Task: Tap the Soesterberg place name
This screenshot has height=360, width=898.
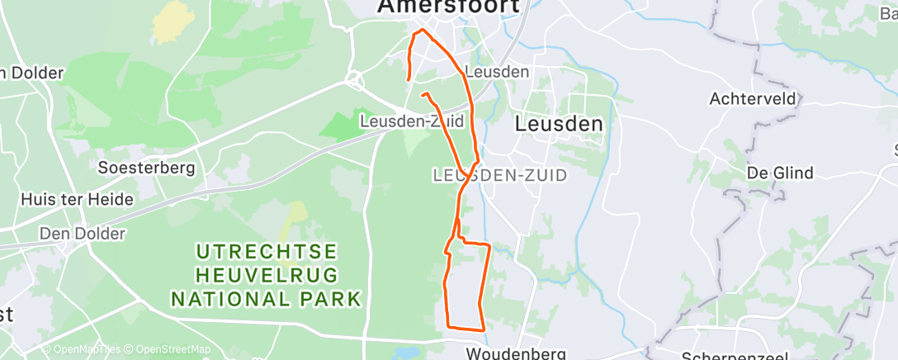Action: pos(146,168)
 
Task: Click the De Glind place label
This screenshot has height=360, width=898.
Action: pos(779,173)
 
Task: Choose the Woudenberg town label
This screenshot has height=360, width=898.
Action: pos(507,353)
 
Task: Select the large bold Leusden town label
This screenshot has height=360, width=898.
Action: pos(559,124)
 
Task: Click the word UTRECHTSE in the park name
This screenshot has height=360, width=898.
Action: pos(266,250)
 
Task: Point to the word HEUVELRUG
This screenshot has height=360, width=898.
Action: pos(266,274)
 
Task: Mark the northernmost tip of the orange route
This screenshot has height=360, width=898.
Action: pos(423,31)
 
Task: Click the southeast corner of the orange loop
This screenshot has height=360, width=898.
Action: pos(483,329)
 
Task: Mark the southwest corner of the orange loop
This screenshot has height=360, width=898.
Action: pos(448,324)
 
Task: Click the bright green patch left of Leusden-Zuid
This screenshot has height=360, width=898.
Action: pos(339,124)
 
